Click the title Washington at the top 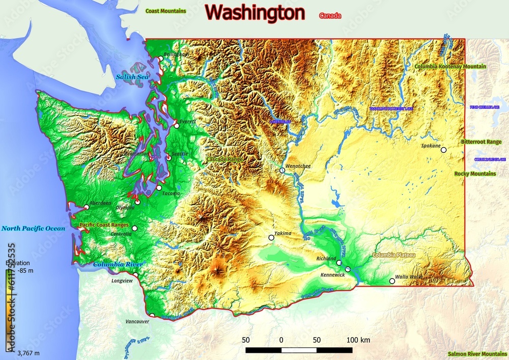[256, 12]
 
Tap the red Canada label [330, 16]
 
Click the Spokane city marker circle [443, 150]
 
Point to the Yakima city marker [272, 237]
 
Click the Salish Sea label [132, 77]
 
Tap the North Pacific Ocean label [33, 229]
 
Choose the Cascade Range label [224, 159]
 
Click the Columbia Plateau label [394, 255]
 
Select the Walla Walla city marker [392, 281]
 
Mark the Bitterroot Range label [481, 142]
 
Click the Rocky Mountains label [475, 174]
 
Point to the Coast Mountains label [165, 10]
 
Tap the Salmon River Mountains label [477, 353]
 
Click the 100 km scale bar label [358, 340]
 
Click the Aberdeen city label [100, 203]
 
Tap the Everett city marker [177, 125]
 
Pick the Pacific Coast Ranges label [104, 225]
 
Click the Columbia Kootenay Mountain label [450, 66]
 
